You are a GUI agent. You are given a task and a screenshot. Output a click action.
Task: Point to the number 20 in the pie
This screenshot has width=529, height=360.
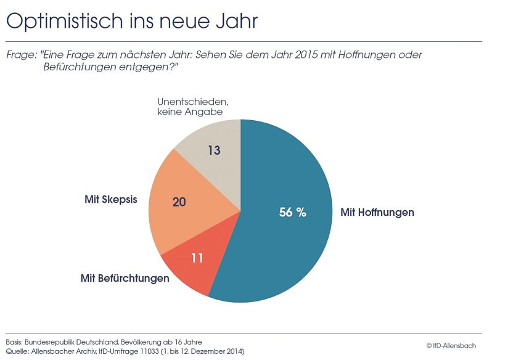tap(179, 201)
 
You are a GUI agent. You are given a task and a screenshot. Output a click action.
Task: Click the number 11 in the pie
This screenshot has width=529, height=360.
tap(197, 258)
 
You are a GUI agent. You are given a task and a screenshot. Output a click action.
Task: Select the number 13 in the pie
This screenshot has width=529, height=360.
tap(213, 150)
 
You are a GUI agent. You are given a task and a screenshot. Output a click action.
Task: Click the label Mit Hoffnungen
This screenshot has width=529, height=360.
tap(377, 212)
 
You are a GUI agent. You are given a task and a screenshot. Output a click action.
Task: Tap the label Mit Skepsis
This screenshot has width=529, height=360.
tap(110, 200)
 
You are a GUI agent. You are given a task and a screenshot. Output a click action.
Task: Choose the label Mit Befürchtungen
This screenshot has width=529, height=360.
tap(125, 278)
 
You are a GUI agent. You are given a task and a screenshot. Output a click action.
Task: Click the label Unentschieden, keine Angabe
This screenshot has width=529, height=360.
tap(189, 107)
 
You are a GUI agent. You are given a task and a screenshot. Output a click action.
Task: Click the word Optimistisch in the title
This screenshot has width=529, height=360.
tap(61, 22)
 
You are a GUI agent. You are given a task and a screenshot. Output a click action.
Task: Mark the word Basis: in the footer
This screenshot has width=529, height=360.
tap(17, 342)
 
